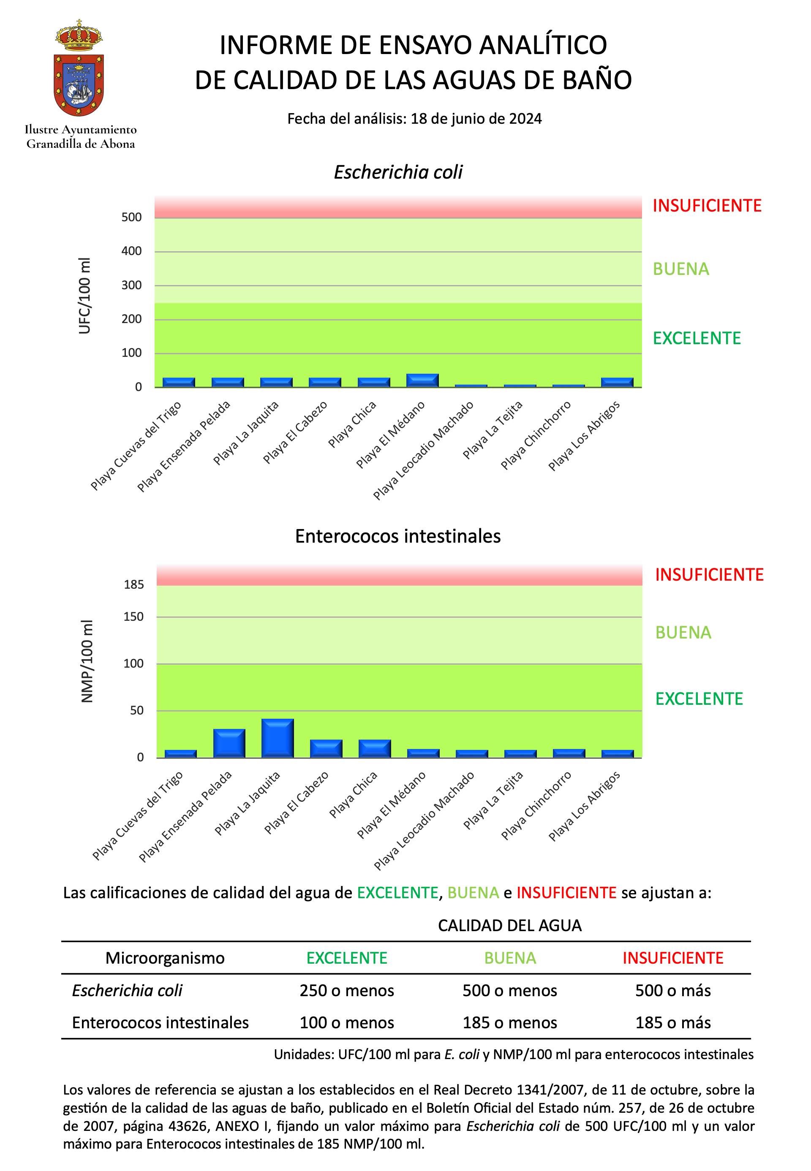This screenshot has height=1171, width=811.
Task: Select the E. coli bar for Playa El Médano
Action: click(x=422, y=380)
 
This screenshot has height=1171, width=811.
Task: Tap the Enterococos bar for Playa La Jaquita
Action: click(x=278, y=738)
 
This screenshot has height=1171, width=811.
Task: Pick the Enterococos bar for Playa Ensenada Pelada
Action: click(x=229, y=743)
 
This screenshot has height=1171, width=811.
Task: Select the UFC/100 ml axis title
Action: click(x=84, y=295)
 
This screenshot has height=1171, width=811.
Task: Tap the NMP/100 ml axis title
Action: click(x=87, y=661)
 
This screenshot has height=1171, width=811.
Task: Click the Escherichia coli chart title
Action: click(x=398, y=172)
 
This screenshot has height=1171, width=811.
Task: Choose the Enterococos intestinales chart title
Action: click(x=398, y=536)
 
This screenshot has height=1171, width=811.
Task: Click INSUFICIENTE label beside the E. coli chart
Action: click(x=707, y=205)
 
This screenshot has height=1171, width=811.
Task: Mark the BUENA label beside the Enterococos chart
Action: click(x=683, y=632)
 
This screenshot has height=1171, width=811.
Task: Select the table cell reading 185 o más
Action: click(x=673, y=1022)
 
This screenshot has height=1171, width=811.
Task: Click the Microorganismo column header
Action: click(x=165, y=958)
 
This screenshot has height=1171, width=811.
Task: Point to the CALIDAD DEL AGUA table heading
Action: click(x=510, y=925)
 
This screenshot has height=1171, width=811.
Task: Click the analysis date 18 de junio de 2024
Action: click(x=476, y=118)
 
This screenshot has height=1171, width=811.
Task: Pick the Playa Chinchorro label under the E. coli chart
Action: click(x=536, y=435)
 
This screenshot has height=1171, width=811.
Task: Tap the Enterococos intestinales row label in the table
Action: click(x=160, y=1022)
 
